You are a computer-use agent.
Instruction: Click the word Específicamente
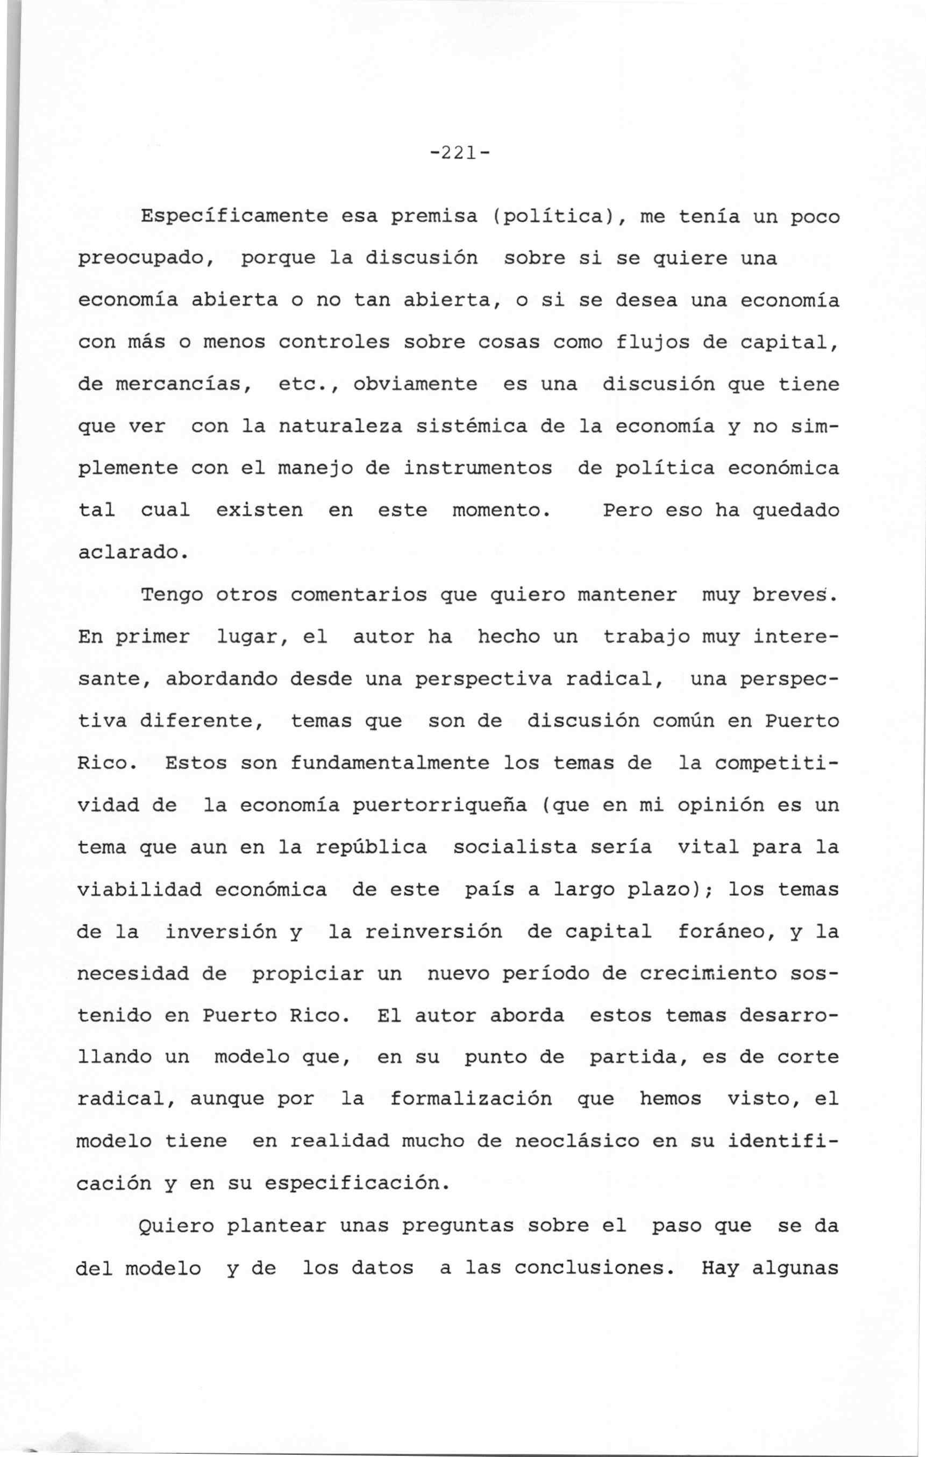234,217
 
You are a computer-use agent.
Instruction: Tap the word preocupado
146,259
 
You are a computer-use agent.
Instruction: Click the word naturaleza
340,427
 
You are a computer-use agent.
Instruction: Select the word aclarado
131,553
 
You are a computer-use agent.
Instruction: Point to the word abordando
222,680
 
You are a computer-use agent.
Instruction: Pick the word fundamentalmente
389,763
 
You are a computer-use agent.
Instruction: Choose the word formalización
471,1099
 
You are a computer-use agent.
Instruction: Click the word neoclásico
577,1141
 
